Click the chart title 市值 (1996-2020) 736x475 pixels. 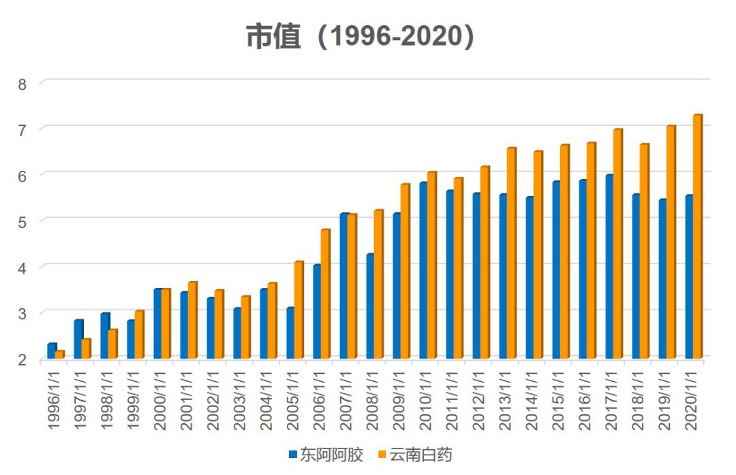click(x=360, y=37)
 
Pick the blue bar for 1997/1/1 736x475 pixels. click(x=78, y=339)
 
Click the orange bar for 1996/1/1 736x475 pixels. click(x=60, y=354)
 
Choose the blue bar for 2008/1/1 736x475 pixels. click(x=369, y=306)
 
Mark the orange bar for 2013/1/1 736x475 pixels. click(x=511, y=253)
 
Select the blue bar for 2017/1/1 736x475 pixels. click(x=609, y=266)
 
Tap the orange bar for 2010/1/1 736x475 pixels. click(x=431, y=265)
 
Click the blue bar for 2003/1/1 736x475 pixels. click(x=236, y=333)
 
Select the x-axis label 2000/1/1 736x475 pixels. click(x=159, y=402)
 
